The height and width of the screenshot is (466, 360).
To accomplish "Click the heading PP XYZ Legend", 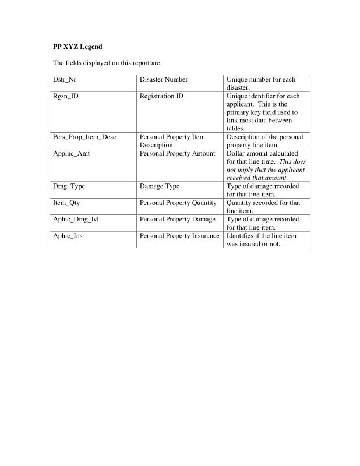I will (x=73, y=46).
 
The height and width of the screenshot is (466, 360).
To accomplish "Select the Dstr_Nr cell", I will (x=65, y=79).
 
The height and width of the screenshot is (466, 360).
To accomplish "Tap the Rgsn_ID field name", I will (x=66, y=96).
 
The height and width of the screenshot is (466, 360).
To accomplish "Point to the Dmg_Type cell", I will (x=69, y=186).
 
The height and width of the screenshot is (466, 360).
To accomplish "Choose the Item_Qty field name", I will (x=66, y=203).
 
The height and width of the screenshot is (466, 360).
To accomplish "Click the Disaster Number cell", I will (x=164, y=79).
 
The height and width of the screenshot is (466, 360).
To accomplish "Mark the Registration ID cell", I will (x=161, y=96).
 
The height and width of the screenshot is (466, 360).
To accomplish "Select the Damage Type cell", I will (x=160, y=186).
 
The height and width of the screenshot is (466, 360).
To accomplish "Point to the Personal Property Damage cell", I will (x=178, y=219).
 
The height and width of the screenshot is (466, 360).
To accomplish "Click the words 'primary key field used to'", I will (x=262, y=112).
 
